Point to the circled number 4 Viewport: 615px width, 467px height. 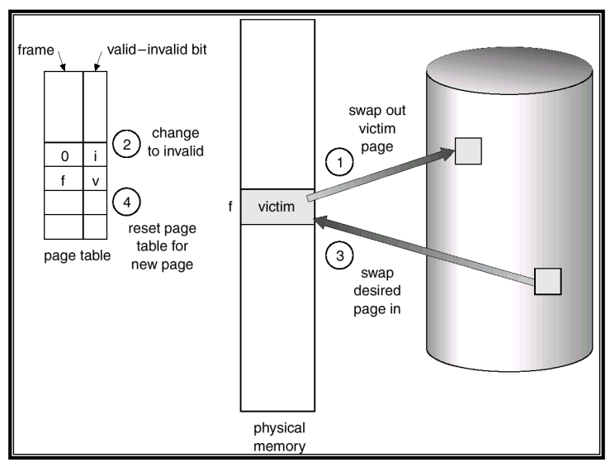click(x=125, y=200)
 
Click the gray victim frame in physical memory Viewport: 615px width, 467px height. click(x=277, y=206)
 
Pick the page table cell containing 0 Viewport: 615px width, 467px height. click(x=64, y=155)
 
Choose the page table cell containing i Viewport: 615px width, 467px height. click(x=95, y=155)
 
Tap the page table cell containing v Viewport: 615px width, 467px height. click(x=95, y=178)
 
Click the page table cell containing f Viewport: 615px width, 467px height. click(x=64, y=178)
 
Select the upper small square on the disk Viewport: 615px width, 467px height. click(x=468, y=150)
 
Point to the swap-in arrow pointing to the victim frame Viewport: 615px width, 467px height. click(x=421, y=249)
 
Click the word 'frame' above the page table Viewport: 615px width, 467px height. click(x=35, y=49)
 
